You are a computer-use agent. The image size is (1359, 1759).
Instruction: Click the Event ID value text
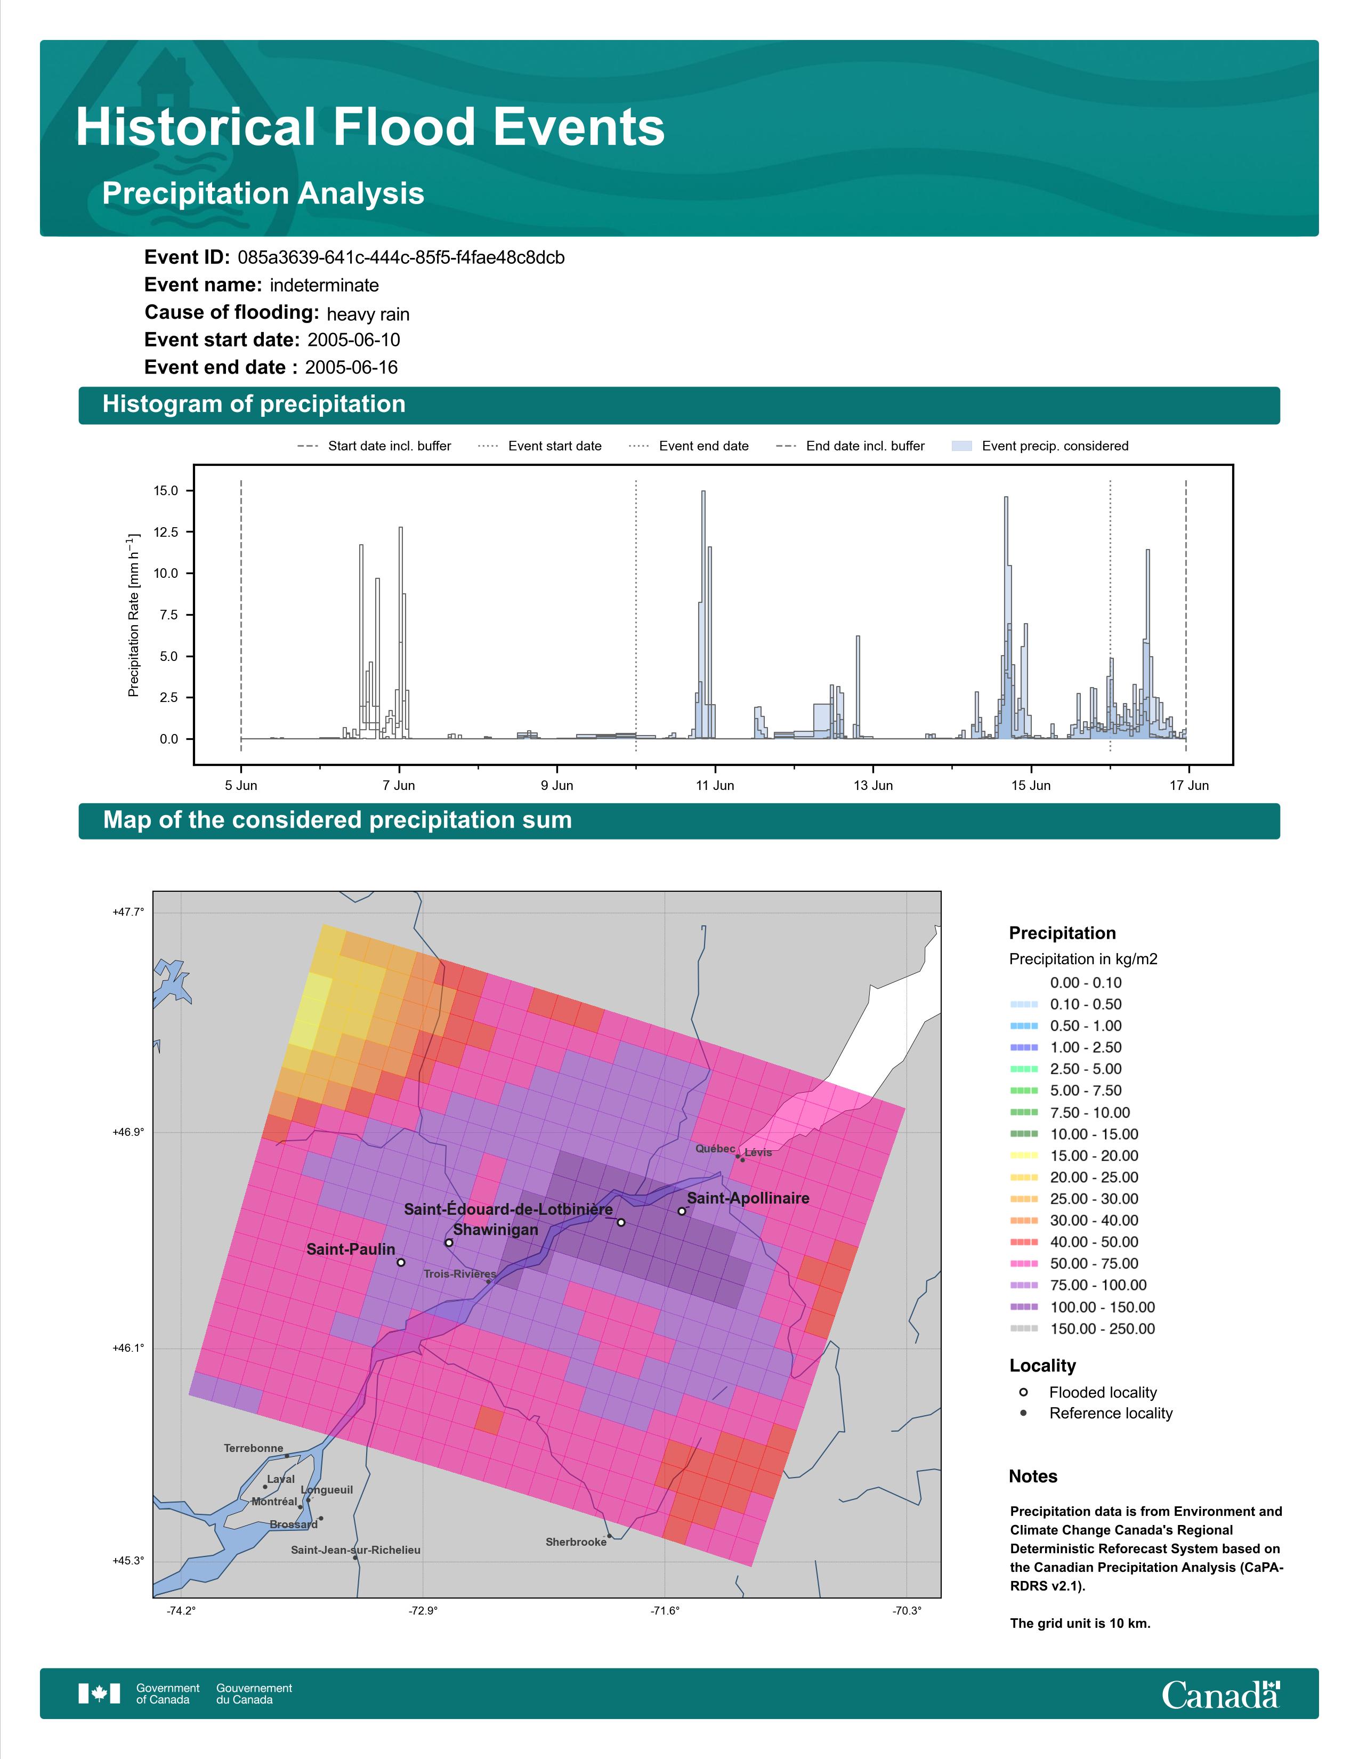click(x=401, y=258)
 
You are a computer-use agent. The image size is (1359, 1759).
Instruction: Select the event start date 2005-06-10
click(x=353, y=340)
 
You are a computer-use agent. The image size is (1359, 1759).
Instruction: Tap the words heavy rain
click(x=368, y=314)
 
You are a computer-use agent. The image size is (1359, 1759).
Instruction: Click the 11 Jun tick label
click(x=715, y=785)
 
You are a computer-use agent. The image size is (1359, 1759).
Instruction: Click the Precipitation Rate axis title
click(x=134, y=615)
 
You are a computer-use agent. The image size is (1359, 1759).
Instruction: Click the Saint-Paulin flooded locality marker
click(x=401, y=1262)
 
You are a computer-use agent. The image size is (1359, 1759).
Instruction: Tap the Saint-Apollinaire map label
click(x=748, y=1198)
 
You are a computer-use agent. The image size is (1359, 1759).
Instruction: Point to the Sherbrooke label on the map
click(x=576, y=1542)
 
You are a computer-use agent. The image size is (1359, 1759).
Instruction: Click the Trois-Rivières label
click(x=460, y=1274)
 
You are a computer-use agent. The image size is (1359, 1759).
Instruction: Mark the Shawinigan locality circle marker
click(x=449, y=1242)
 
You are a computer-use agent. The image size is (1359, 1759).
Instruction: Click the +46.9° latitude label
click(x=128, y=1132)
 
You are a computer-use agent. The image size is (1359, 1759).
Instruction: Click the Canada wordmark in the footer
click(x=1220, y=1694)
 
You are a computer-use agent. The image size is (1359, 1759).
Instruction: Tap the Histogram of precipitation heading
click(x=254, y=405)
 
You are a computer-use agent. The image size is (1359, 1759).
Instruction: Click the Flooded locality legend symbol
click(x=1023, y=1392)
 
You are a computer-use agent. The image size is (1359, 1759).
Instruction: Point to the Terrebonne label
click(x=254, y=1448)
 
